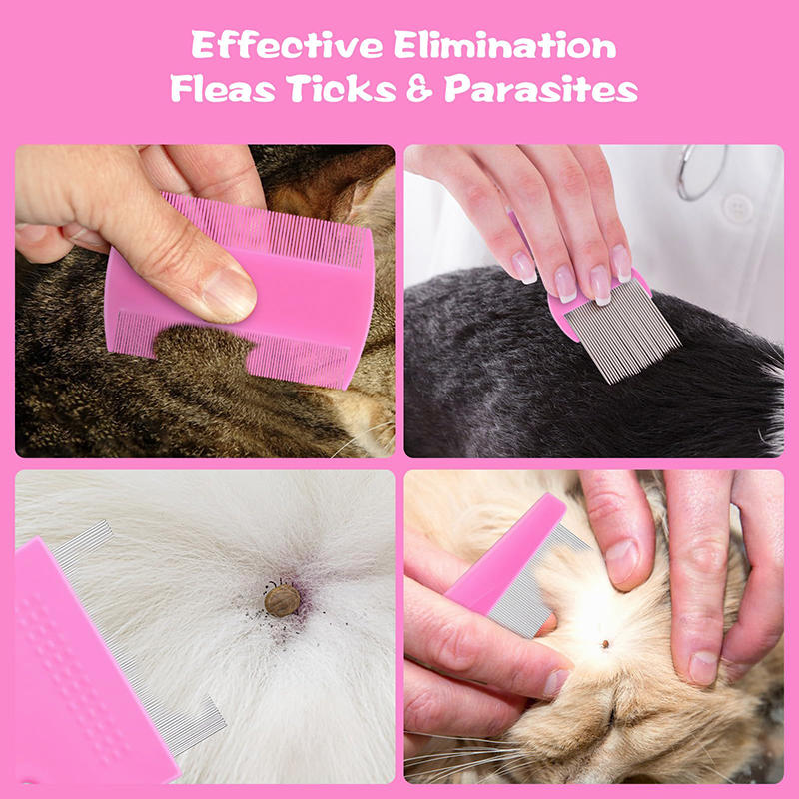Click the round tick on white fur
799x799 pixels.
(x=282, y=600)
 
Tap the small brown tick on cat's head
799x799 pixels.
(x=605, y=644)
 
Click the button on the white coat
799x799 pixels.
(x=737, y=208)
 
